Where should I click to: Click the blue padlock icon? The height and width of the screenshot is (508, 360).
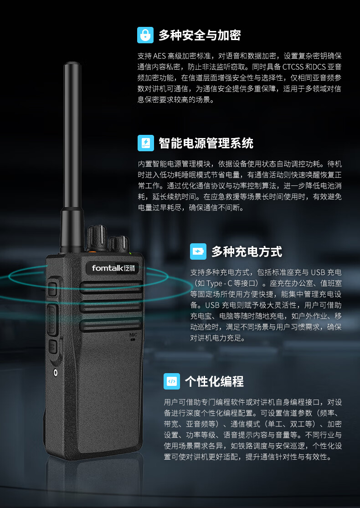[145, 35]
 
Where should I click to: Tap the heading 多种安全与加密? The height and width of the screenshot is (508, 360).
[199, 35]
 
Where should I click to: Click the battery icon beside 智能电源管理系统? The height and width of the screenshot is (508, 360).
[145, 143]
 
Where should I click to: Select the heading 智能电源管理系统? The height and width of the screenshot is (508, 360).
[206, 143]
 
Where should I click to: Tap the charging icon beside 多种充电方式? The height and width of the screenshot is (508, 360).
[198, 251]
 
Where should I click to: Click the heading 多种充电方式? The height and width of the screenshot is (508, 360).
[247, 251]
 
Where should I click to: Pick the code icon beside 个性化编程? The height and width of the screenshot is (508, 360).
[172, 381]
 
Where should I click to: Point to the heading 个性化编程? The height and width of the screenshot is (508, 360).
[214, 381]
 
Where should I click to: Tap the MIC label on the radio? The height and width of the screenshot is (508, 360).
[133, 335]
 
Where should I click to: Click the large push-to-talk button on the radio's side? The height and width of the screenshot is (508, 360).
[52, 319]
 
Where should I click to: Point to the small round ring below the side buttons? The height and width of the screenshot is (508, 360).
[56, 373]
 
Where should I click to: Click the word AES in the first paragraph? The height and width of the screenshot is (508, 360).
[159, 56]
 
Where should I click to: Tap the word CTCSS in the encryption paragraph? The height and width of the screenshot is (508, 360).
[293, 67]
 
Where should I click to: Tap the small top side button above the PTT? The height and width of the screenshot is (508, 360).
[52, 289]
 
